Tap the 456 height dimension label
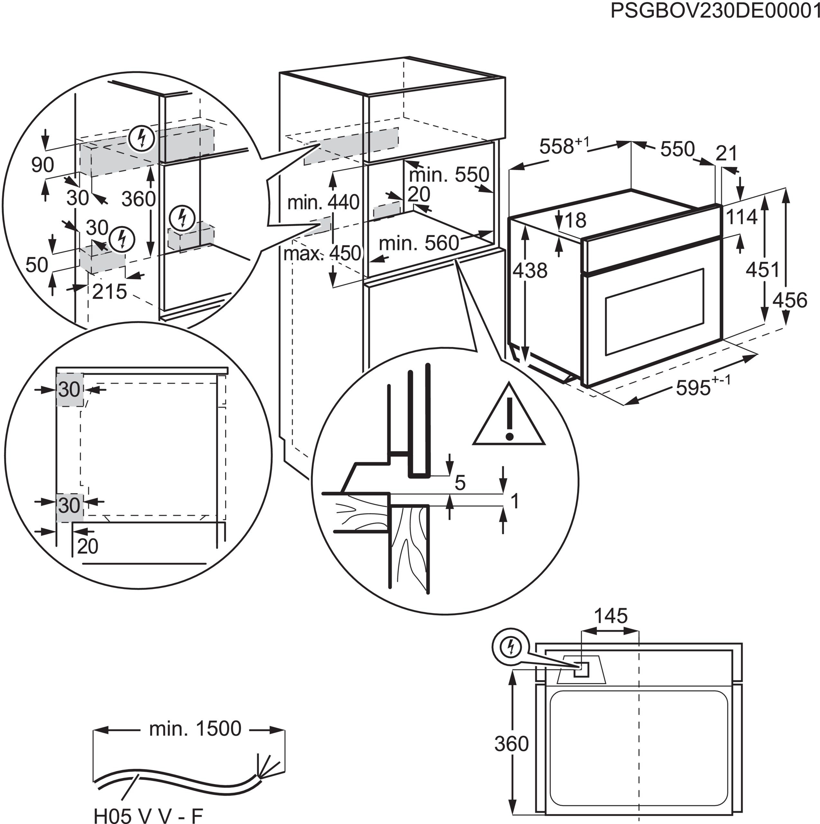(x=790, y=300)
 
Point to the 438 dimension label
(x=530, y=270)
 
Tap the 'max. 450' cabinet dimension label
(x=322, y=254)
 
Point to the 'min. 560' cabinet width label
(x=419, y=244)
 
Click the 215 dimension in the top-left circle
(x=109, y=292)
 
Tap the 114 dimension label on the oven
(x=741, y=217)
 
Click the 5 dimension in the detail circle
(x=460, y=483)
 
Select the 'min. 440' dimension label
(x=323, y=202)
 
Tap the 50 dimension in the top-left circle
(x=37, y=265)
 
